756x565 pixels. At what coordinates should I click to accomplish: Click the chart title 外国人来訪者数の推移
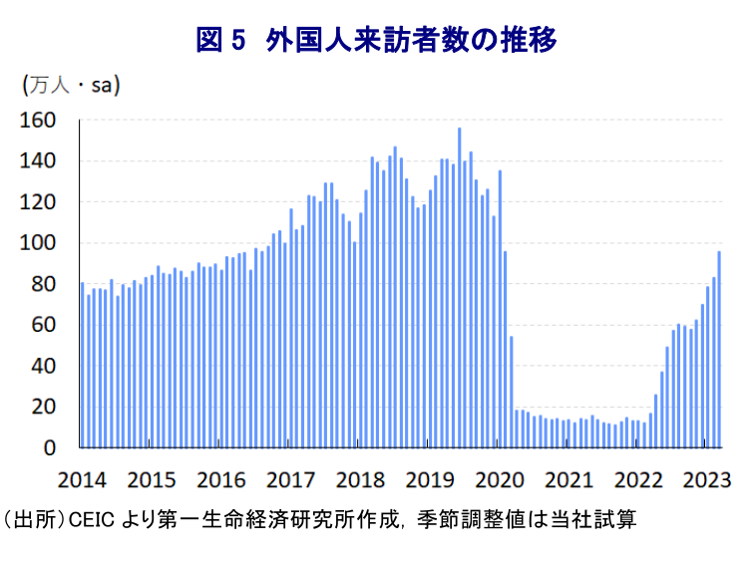(411, 40)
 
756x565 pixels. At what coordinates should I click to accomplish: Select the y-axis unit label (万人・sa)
(71, 85)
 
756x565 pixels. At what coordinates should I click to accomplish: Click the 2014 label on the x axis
(84, 478)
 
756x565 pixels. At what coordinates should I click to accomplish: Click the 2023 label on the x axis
(708, 478)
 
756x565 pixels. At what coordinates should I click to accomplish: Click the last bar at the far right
(719, 349)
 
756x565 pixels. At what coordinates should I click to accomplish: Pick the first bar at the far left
(82, 365)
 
